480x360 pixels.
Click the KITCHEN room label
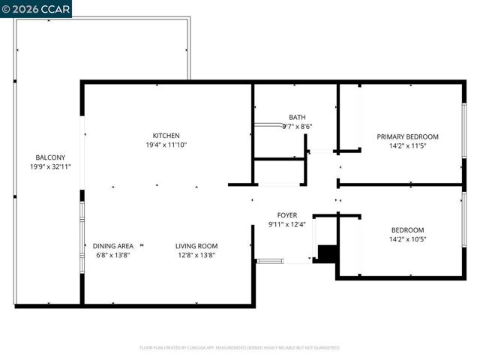pos(166,136)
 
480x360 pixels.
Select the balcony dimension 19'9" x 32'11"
pos(45,166)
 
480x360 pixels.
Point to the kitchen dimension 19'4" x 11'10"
pos(166,145)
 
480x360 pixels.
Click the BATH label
pos(297,117)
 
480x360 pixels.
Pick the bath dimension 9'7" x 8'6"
pos(297,127)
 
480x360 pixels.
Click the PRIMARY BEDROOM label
pos(407,136)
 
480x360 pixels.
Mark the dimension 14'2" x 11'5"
pos(407,146)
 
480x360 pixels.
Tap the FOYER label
pos(287,214)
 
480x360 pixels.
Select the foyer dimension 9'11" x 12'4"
pos(287,224)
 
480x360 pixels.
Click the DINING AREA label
pos(113,245)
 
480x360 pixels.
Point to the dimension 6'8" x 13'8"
pos(113,255)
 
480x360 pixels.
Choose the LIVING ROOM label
pos(196,245)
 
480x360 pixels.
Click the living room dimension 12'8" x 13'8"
pos(196,255)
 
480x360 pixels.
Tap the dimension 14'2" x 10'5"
pos(407,239)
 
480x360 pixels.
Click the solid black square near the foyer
pos(325,253)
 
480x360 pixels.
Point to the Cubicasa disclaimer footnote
pos(240,348)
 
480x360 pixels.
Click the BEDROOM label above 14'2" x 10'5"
pos(407,229)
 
